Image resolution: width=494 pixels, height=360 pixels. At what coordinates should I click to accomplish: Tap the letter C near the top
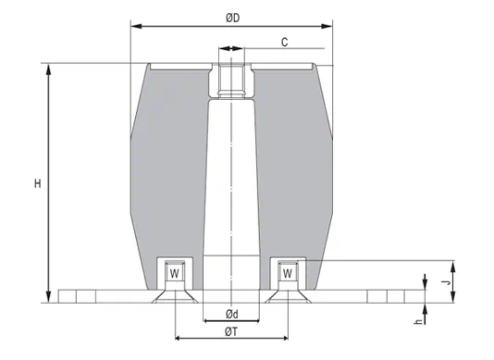pos(287,42)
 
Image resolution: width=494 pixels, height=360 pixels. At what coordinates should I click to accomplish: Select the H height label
pos(38,184)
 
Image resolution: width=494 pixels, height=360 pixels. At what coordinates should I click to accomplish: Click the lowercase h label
pos(418,321)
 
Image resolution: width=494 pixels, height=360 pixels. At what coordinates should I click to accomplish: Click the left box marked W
pos(173,273)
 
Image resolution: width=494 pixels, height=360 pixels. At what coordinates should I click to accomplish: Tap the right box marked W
pos(287,273)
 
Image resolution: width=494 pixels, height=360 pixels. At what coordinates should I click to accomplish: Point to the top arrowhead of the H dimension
pos(47,68)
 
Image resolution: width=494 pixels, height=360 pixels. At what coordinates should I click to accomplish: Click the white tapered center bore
pos(230,185)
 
